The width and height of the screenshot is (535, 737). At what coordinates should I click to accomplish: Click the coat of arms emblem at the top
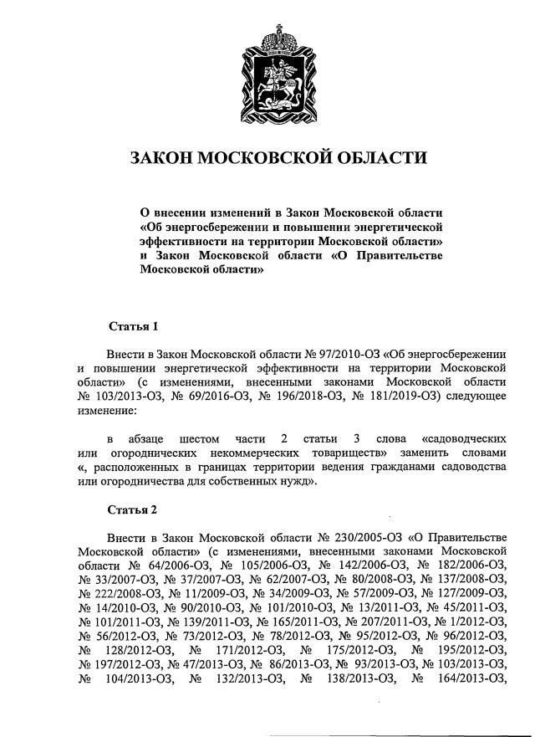(274, 76)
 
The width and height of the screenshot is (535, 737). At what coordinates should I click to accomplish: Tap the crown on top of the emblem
(274, 38)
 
